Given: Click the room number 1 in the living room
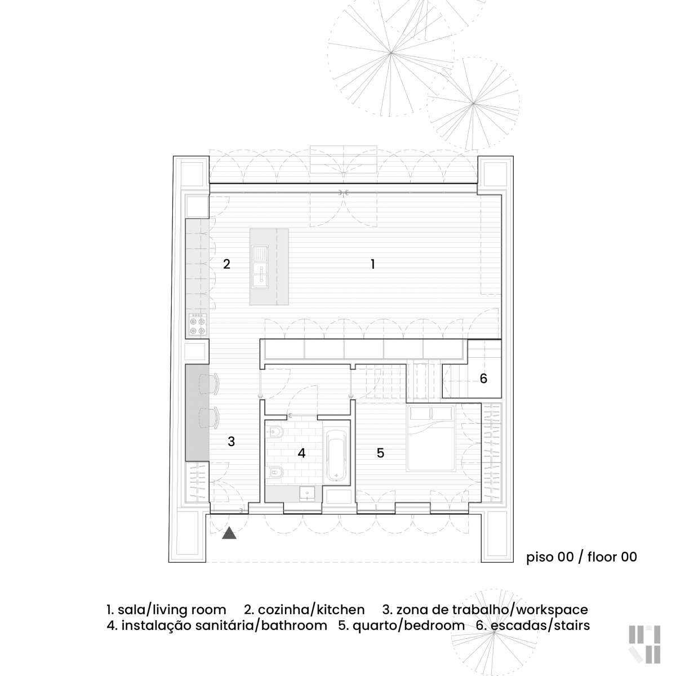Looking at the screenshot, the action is coord(373,264).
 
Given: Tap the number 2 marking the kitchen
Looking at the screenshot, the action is coord(226,264).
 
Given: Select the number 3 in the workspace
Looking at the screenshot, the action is coord(231,441).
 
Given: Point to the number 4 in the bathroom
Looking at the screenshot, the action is coord(301,453).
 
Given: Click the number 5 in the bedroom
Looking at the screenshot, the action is coord(381,453).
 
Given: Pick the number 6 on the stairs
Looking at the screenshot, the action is coord(483,378).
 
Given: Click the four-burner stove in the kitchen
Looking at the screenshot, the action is coord(198,324).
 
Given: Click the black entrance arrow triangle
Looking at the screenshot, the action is coord(229,533).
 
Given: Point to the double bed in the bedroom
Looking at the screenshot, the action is coord(431,438).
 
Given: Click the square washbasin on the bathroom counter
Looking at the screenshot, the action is coord(308,493).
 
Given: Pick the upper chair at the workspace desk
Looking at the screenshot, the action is coord(209,384).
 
